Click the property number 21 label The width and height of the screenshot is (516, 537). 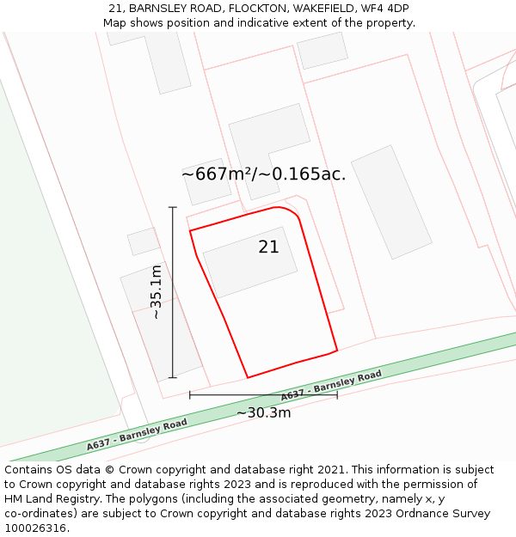(x=268, y=247)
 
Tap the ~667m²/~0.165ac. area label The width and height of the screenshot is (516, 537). (x=263, y=174)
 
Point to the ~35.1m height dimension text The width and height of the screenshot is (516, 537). (x=156, y=292)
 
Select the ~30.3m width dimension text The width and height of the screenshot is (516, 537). (x=263, y=412)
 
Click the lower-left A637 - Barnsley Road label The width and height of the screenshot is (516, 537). (x=137, y=436)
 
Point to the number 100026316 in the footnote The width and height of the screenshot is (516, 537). (x=35, y=528)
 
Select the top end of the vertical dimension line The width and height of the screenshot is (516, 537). (x=173, y=207)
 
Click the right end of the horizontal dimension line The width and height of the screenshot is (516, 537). (x=337, y=395)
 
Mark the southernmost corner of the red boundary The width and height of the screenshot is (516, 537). (x=248, y=377)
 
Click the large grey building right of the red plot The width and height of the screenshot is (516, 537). (x=391, y=202)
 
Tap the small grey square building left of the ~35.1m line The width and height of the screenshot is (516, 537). (x=144, y=241)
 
